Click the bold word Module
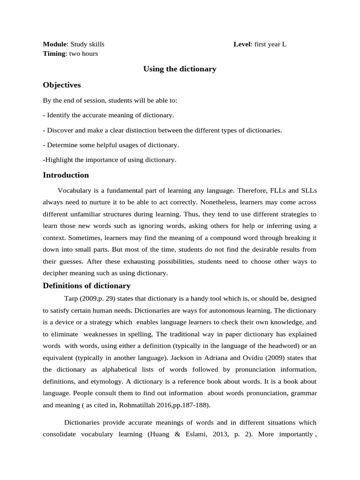pyautogui.click(x=55, y=45)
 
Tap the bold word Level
pyautogui.click(x=242, y=45)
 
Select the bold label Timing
pyautogui.click(x=54, y=53)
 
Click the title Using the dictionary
pyautogui.click(x=180, y=69)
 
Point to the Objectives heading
pyautogui.click(x=62, y=85)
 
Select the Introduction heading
pyautogui.click(x=66, y=175)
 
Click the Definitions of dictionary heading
pyautogui.click(x=87, y=286)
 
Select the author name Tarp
pyautogui.click(x=71, y=299)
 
